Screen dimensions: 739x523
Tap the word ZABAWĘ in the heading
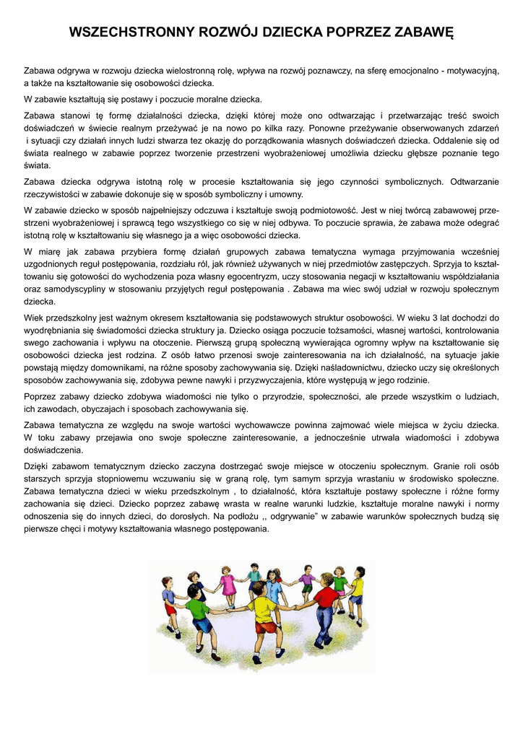pos(422,33)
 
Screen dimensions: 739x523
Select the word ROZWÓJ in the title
pos(232,33)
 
